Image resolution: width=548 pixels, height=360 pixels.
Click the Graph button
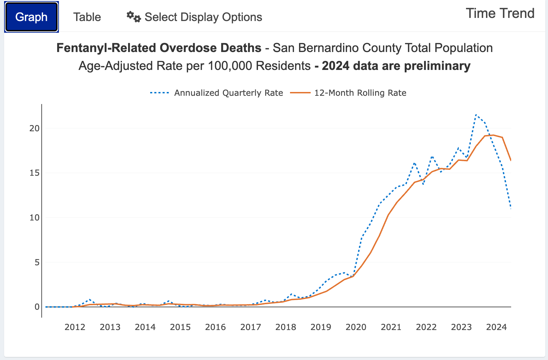coord(31,17)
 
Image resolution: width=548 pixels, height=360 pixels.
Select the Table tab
coord(87,17)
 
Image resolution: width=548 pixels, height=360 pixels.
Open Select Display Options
coord(203,17)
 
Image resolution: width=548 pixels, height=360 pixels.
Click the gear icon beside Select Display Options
coord(133,17)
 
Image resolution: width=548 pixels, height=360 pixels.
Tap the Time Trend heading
coord(500,13)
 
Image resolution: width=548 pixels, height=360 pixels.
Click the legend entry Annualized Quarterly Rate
coord(228,93)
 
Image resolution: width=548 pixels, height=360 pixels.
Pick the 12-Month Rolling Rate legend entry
coord(360,93)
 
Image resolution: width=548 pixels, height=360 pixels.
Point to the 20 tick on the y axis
coord(34,128)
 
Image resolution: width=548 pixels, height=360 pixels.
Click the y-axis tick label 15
coord(34,173)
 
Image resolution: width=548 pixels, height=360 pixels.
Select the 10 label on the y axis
coord(34,218)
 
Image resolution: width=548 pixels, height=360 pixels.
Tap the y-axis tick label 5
coord(37,263)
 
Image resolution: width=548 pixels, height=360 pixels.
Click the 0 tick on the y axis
coord(37,307)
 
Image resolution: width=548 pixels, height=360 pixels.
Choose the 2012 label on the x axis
coord(75,327)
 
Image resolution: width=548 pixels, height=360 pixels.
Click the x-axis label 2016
coord(215,327)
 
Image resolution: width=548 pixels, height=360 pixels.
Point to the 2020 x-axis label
coord(356,327)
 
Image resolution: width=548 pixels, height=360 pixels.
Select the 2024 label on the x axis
coord(496,327)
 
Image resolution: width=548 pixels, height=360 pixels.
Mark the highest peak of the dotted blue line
coord(476,115)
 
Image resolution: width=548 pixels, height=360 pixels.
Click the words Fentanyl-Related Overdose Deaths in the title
coord(159,48)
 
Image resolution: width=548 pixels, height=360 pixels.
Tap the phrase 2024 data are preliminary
coord(396,66)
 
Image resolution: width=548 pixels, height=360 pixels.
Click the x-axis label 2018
coord(286,327)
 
